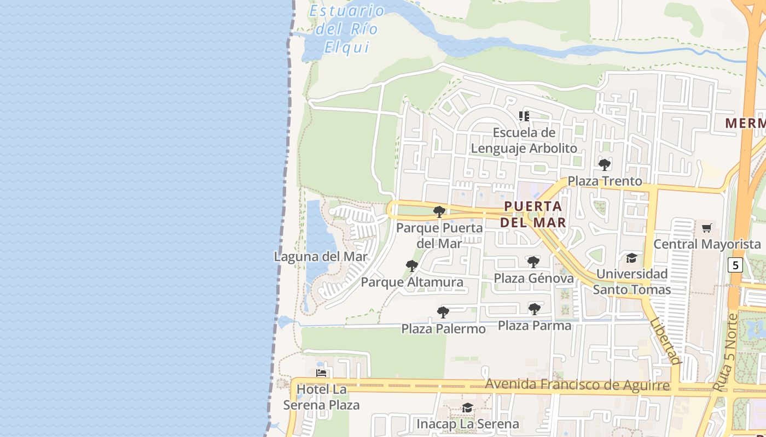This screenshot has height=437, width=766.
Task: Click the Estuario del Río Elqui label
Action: (347, 28)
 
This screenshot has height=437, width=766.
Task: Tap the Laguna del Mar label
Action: (321, 256)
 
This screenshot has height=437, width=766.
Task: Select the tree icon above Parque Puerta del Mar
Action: (439, 212)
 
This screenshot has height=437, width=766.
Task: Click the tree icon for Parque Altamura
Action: (412, 266)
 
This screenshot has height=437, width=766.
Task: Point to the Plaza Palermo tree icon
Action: (443, 312)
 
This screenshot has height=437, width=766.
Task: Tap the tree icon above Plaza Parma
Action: (535, 309)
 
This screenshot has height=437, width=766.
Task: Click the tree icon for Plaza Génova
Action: (533, 262)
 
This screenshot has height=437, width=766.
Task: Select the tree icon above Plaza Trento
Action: (605, 164)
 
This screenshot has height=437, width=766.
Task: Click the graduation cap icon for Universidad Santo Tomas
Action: (632, 258)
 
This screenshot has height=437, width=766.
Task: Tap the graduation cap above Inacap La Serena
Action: (467, 408)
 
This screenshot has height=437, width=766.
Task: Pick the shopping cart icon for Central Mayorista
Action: (707, 228)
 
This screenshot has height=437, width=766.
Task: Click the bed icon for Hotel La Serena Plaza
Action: (322, 373)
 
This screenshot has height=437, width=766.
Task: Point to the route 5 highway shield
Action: (735, 265)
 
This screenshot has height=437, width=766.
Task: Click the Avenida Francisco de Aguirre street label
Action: (577, 385)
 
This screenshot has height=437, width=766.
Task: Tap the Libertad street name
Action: (666, 341)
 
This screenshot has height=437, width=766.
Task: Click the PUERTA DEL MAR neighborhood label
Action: (533, 214)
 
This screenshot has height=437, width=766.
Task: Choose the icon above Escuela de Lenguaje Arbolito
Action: (524, 116)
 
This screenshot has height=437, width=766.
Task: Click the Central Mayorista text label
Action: (707, 244)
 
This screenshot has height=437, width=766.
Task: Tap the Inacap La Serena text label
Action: (468, 424)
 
